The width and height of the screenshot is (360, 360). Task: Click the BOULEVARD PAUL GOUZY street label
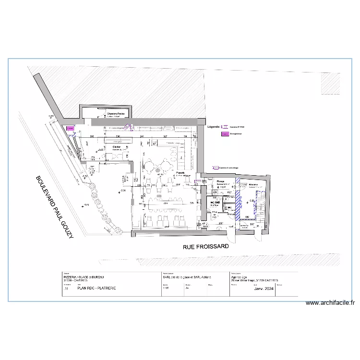[x=52, y=210]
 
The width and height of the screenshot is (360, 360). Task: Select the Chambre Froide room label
[x=116, y=114]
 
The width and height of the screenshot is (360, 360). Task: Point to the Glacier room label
[x=116, y=147]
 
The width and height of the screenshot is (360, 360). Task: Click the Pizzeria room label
[x=181, y=172]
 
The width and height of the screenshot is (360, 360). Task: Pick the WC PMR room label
[x=216, y=203]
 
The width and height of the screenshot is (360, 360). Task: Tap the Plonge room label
[x=220, y=182]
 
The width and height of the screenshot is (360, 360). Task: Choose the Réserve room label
[x=254, y=184]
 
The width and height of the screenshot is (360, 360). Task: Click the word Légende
[x=214, y=127]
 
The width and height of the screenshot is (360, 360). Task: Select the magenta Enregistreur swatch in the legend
[x=224, y=133]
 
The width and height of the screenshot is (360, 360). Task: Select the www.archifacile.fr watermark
[x=331, y=303]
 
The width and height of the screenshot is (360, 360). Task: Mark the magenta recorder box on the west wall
[x=70, y=129]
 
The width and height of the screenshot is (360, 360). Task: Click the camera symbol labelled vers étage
[x=216, y=168]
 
